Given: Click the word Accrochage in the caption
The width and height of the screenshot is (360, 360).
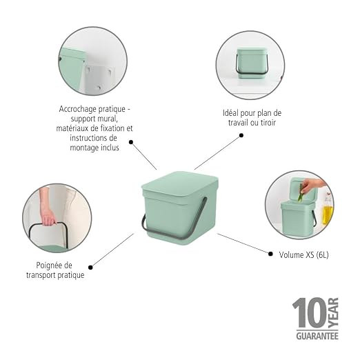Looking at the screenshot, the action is point(76,109).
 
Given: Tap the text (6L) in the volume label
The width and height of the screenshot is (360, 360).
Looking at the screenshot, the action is point(322,254).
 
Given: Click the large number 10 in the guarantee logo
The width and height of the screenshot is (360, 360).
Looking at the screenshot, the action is point(309,313).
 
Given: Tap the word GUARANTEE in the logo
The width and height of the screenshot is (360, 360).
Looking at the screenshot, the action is point(317,336).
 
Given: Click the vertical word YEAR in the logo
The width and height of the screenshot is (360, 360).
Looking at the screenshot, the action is point(333,313).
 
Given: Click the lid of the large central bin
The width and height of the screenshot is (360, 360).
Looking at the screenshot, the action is point(180,185).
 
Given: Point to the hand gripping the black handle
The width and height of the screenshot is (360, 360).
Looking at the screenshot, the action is point(48,217).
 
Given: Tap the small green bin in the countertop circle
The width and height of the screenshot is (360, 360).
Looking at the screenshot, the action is point(251,63).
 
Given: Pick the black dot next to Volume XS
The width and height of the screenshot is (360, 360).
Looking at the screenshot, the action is point(270,254).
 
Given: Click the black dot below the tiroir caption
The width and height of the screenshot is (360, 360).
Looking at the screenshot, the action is point(241,135).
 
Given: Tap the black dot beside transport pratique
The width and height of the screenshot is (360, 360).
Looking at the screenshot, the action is point(90,268).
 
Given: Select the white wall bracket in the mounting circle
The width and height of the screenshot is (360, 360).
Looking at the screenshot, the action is point(99,78).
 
